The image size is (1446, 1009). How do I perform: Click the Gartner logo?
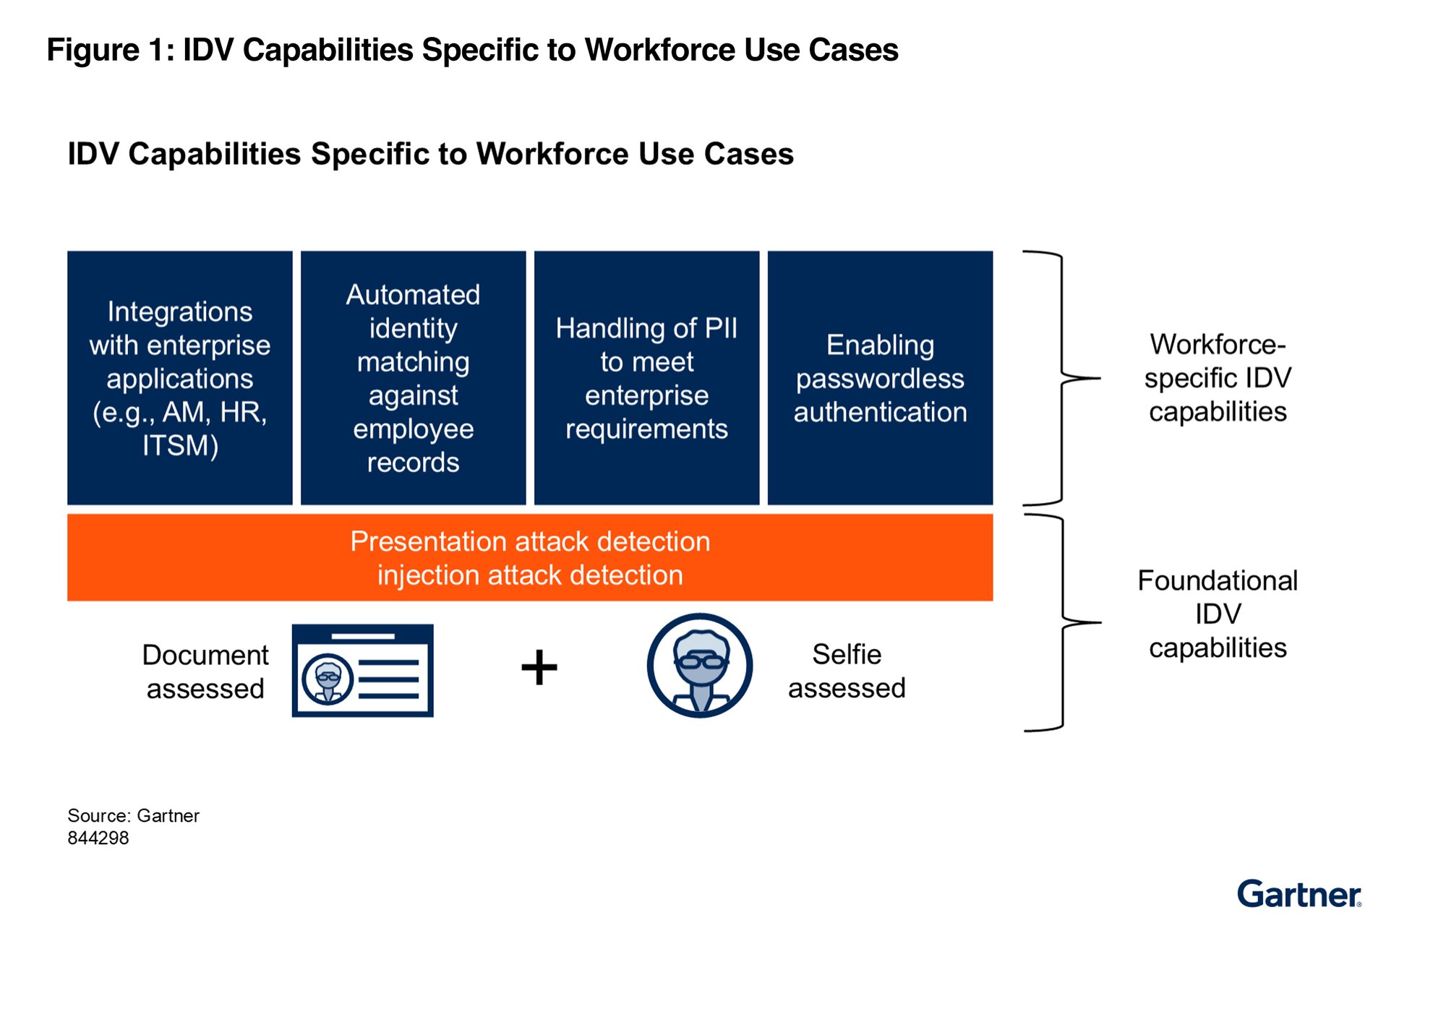tap(1299, 894)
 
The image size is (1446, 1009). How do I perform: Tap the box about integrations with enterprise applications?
tap(180, 378)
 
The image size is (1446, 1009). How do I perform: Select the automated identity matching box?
tap(414, 378)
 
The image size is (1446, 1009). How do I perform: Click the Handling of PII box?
tap(646, 378)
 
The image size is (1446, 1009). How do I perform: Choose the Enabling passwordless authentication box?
tap(880, 378)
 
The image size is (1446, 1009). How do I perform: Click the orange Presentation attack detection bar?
tap(530, 558)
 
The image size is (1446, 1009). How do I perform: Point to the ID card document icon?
tap(363, 671)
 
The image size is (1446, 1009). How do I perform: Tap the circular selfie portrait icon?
tap(700, 666)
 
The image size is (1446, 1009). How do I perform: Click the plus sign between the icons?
tap(539, 667)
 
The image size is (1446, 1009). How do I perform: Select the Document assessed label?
tap(205, 671)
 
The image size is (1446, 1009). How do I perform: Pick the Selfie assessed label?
tap(847, 671)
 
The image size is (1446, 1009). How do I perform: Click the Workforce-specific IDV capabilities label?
tap(1218, 378)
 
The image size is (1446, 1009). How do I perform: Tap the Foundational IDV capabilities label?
tap(1218, 614)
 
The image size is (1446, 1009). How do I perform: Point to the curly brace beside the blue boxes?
tap(1061, 378)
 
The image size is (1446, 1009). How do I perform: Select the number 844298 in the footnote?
tap(98, 838)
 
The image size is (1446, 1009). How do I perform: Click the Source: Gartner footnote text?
tap(133, 816)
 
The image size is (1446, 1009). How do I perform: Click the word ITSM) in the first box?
tap(180, 446)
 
